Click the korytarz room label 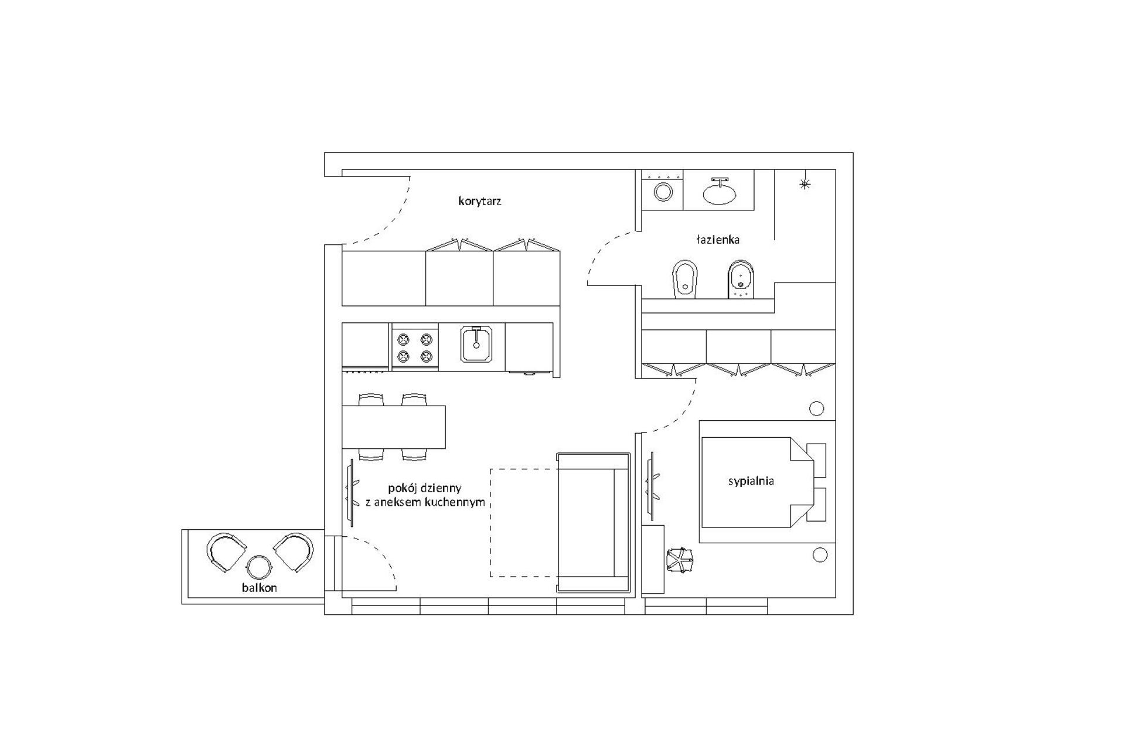479,201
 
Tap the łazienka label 717,240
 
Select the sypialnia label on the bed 751,481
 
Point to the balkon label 259,587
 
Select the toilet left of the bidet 684,278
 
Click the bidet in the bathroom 741,278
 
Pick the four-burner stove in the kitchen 415,347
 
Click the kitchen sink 476,345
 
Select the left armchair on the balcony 226,551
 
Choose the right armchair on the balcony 294,551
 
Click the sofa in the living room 593,522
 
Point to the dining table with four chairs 394,427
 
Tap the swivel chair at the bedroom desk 680,560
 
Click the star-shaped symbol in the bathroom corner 804,184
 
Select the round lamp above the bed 816,408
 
